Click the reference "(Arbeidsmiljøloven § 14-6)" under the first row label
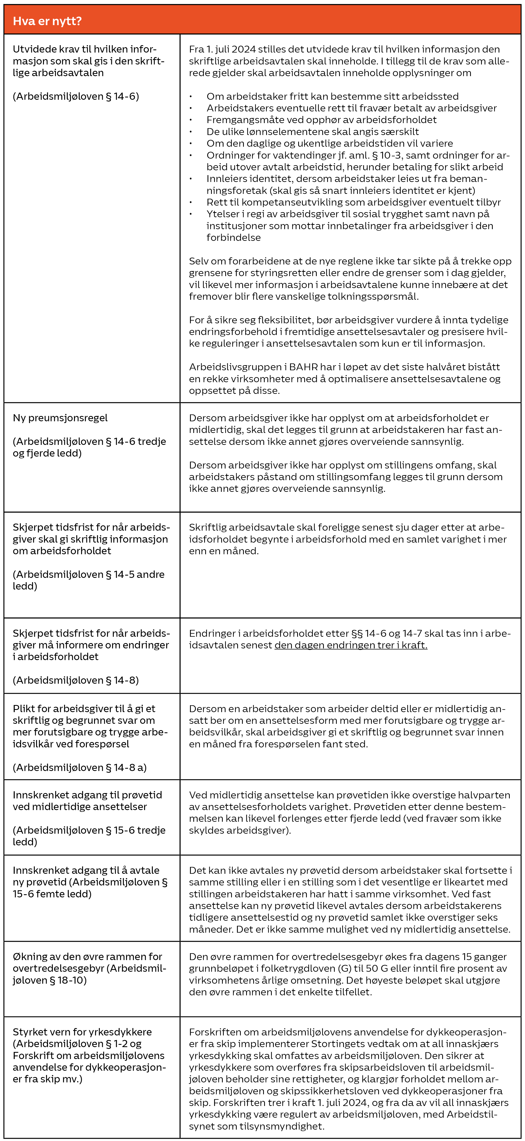point(76,96)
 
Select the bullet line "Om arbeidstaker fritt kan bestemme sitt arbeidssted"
point(332,96)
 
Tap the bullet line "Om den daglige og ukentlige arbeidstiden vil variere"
point(329,143)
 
